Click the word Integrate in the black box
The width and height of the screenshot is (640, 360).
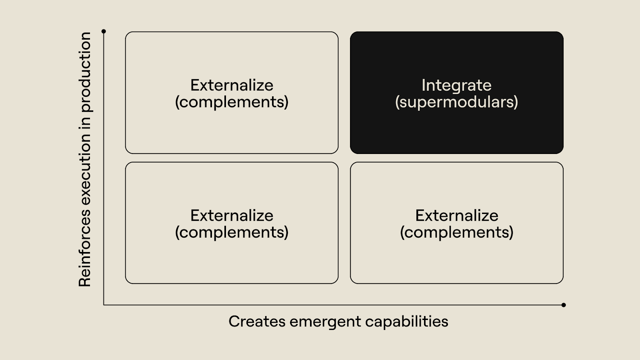point(456,85)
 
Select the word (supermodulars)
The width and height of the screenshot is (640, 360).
point(456,102)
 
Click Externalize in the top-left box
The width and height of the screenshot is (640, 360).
point(232,85)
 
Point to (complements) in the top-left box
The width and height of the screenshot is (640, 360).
point(232,102)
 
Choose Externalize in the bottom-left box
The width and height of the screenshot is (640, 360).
point(232,216)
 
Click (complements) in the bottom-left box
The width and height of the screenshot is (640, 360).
point(232,232)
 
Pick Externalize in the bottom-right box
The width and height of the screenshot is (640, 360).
point(456,216)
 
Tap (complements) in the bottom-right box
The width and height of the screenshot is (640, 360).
point(456,232)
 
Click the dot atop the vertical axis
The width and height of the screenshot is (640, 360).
point(104,31)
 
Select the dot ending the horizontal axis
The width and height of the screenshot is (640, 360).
point(564,305)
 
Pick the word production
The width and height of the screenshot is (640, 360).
point(85,72)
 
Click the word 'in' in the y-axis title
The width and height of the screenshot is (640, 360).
point(85,123)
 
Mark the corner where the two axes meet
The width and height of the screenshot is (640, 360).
point(104,305)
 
